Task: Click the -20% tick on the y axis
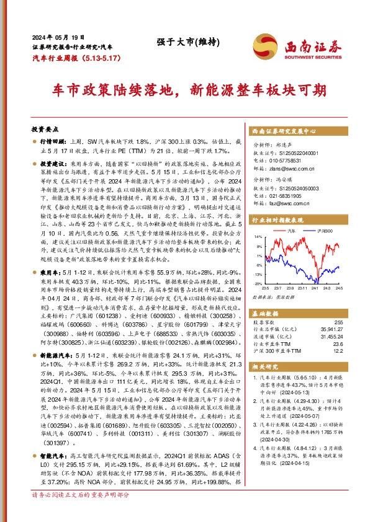coord(258,283)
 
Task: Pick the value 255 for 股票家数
coord(338,322)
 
